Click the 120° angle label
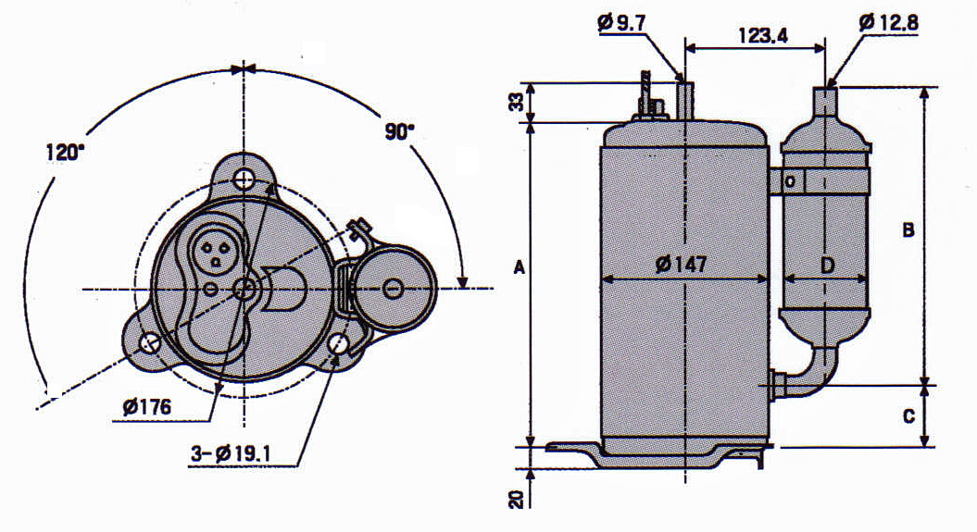point(64,153)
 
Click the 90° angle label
point(399,132)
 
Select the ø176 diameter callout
point(146,407)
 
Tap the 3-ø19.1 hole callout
point(231,454)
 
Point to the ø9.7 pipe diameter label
point(621,23)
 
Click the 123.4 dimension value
point(763,35)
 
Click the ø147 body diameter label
point(682,265)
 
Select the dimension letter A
point(519,267)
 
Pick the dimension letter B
point(908,230)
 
